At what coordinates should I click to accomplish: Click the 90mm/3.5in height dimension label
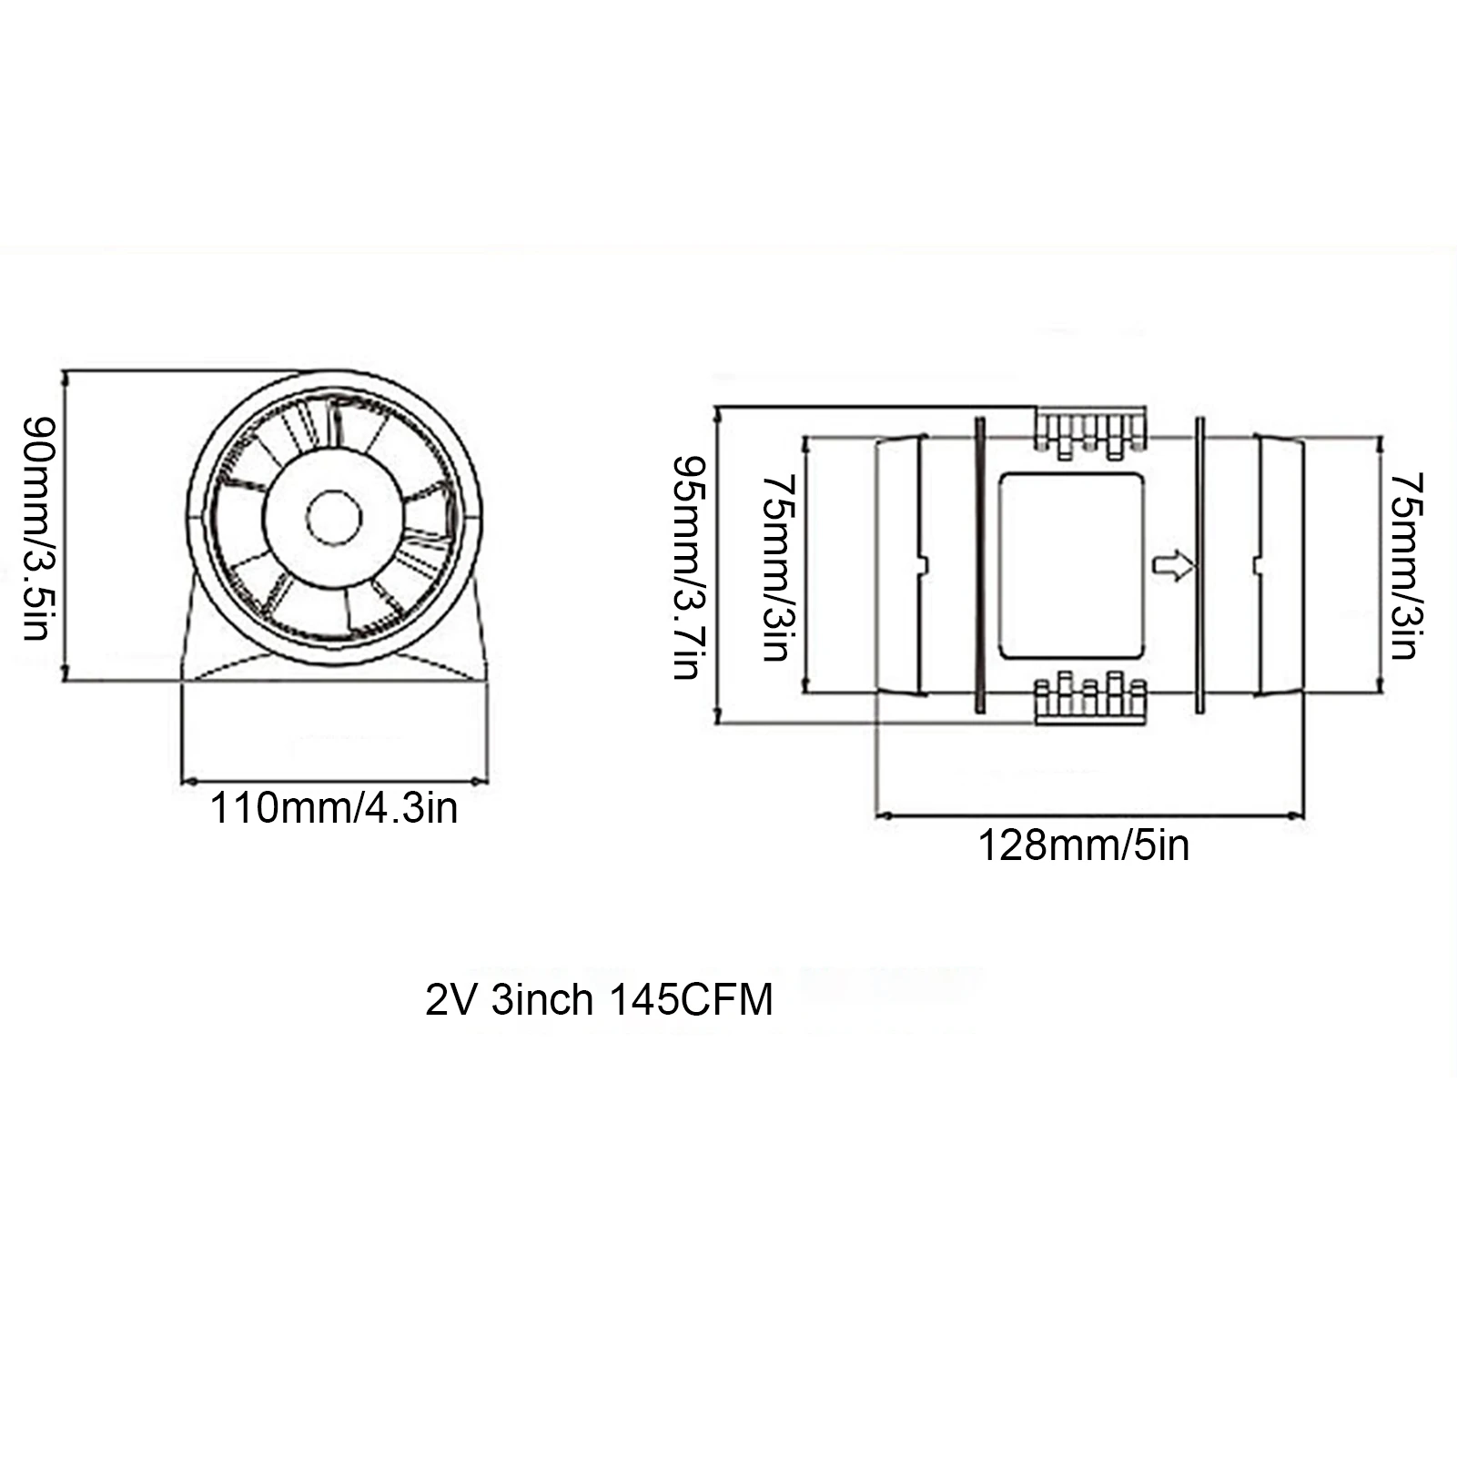click(x=39, y=528)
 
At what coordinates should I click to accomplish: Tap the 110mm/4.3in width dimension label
click(x=334, y=808)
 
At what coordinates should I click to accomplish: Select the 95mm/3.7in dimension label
click(x=688, y=568)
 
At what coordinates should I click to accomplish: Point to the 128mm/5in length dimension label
click(x=1083, y=845)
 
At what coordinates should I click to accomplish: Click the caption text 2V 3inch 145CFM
click(x=599, y=1000)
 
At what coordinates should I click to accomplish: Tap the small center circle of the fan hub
click(x=334, y=518)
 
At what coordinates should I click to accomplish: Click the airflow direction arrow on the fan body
click(x=1173, y=566)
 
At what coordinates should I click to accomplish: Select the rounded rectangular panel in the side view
click(x=1070, y=565)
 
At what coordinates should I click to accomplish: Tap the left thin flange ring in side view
click(x=979, y=565)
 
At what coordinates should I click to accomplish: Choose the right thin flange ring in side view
click(x=1199, y=565)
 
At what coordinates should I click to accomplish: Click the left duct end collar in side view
click(x=901, y=565)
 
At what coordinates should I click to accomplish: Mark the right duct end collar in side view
click(x=1280, y=565)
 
